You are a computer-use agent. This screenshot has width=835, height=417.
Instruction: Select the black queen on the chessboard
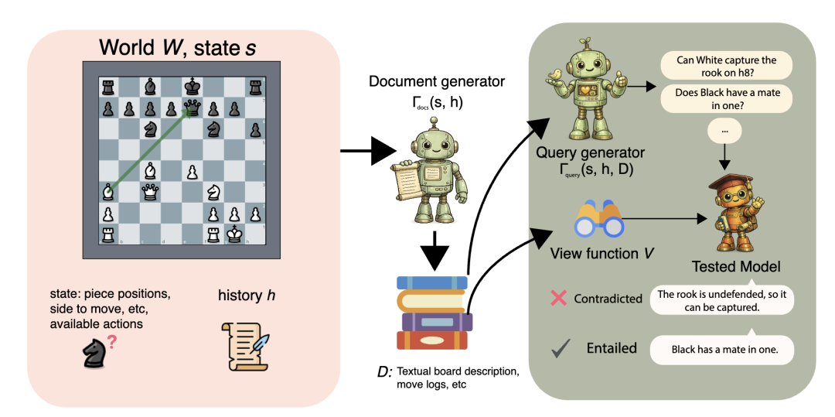(192, 108)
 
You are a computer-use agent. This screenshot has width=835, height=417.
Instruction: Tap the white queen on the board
(150, 190)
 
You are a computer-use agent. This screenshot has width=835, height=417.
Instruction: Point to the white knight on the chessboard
(213, 190)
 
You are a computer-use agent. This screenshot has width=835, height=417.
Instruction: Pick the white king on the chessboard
(233, 234)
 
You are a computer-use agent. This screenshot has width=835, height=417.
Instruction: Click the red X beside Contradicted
(558, 298)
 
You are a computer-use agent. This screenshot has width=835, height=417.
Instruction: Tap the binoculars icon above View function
(598, 219)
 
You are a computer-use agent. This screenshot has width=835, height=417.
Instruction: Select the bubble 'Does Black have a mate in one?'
(726, 98)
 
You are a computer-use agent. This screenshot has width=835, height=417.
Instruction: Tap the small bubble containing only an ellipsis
(724, 130)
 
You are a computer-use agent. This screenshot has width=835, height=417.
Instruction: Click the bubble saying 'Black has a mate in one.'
(721, 350)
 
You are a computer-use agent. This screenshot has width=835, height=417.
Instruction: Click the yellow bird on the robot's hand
(557, 74)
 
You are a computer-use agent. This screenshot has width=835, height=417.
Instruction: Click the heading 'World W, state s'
(178, 47)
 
